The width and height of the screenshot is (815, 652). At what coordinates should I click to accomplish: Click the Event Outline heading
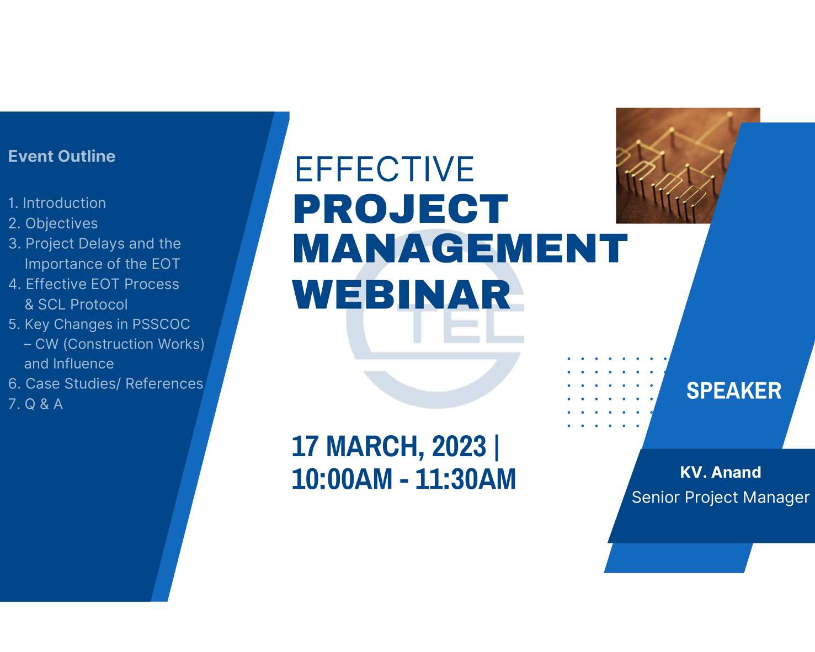tap(62, 157)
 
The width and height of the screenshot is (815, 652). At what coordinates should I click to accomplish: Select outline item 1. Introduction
tap(57, 203)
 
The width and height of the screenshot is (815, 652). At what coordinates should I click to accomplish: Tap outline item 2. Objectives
tap(54, 223)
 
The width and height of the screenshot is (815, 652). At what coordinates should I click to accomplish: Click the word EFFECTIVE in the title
tap(384, 169)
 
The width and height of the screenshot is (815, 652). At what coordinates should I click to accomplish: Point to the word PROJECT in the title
tap(400, 210)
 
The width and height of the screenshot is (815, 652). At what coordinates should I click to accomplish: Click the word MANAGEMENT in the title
tap(460, 249)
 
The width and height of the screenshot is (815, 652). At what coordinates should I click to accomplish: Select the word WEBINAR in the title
tap(401, 295)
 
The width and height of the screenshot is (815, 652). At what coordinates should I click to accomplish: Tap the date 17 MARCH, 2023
tap(388, 446)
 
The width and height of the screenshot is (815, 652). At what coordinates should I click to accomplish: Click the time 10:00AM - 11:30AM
tap(403, 479)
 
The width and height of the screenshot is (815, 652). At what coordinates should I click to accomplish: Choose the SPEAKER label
tap(733, 391)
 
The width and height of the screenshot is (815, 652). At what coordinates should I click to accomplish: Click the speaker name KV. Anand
tap(720, 472)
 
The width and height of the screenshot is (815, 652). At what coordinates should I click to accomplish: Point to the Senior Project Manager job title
tap(720, 498)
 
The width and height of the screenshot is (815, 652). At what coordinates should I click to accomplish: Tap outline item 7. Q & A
tap(36, 404)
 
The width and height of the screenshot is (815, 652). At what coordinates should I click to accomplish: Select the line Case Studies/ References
tap(114, 384)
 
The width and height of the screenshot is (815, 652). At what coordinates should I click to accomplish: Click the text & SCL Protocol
tap(76, 304)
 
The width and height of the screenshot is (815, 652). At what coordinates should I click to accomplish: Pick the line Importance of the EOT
tap(102, 264)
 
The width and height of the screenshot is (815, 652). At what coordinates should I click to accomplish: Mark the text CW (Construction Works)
tap(119, 344)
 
